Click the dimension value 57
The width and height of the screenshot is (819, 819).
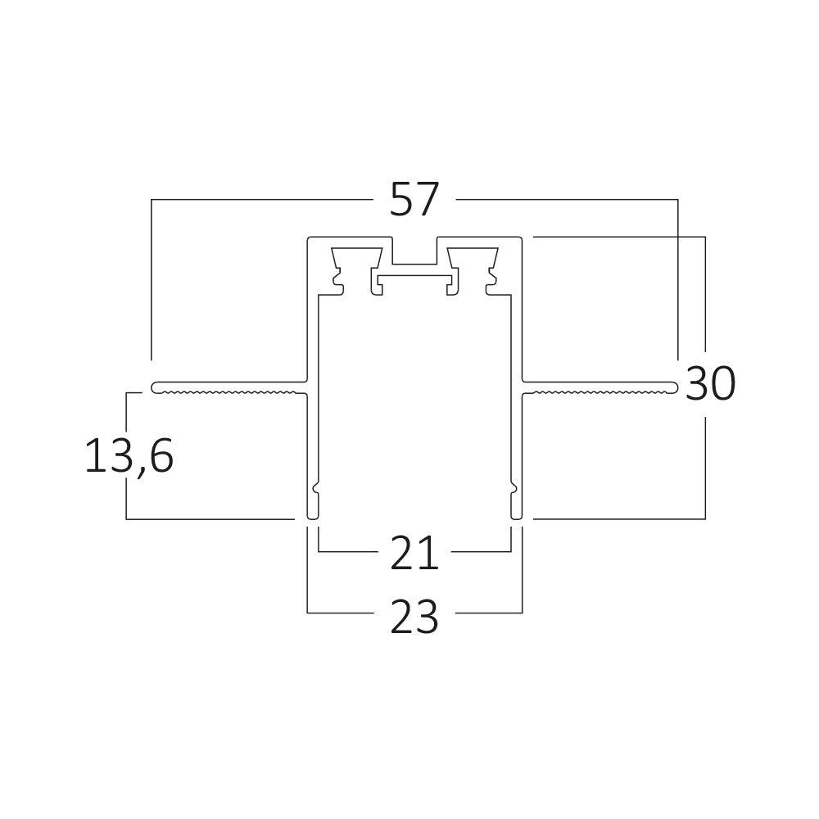click(x=414, y=201)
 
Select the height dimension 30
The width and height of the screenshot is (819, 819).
click(x=710, y=383)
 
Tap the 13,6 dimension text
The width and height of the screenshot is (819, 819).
click(x=129, y=456)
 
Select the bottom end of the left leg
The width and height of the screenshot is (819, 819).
click(x=312, y=515)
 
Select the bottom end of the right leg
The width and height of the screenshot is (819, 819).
click(x=517, y=515)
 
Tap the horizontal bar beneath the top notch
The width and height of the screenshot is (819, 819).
click(x=414, y=280)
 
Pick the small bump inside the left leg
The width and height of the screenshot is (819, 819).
click(x=317, y=491)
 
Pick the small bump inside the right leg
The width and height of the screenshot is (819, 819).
click(x=512, y=491)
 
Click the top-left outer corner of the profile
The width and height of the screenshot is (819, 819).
click(x=309, y=238)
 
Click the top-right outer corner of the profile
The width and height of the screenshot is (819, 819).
click(x=521, y=238)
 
